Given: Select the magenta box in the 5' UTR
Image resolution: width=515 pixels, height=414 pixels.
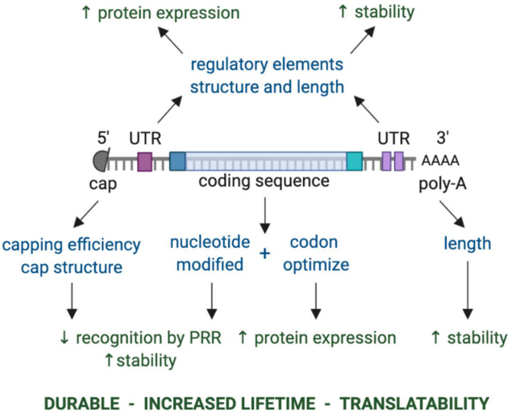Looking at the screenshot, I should pos(145,161).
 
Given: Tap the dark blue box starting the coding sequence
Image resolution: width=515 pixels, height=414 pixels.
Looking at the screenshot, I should pos(177,161).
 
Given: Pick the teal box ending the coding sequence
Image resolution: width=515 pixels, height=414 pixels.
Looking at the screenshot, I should pos(354,161).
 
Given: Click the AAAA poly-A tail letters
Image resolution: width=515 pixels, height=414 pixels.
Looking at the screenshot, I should pos(441,161).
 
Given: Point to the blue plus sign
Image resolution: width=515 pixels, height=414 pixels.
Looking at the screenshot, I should pos(265,253).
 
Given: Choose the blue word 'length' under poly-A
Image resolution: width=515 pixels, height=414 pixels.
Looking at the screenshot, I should pos(467,244).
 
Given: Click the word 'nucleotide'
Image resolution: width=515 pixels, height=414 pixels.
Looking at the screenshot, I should pos(210,242).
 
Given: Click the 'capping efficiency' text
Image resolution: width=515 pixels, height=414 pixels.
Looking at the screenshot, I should pos(71,245).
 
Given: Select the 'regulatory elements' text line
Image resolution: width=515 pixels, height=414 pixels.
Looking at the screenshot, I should pos(266,65).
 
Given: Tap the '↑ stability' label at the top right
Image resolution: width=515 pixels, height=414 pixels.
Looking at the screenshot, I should pos(376,12).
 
